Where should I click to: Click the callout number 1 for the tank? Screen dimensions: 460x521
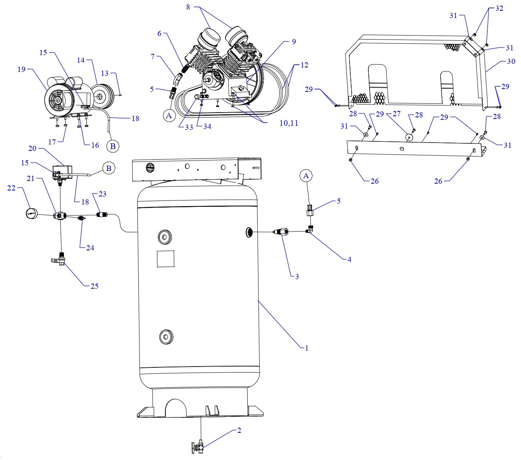(306, 348)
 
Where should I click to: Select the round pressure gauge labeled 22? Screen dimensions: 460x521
(32, 213)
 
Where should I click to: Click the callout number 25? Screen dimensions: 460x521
(94, 286)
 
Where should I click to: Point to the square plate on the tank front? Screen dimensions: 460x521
(165, 259)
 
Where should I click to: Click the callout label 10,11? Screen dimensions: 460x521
(288, 123)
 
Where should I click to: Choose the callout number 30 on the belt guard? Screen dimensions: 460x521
(500, 61)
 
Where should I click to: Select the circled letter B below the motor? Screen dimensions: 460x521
(113, 146)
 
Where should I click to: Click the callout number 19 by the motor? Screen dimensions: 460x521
(21, 69)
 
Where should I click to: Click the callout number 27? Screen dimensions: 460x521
(396, 114)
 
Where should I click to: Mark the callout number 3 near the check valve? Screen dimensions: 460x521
(297, 276)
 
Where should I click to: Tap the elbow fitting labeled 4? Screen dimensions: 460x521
(310, 230)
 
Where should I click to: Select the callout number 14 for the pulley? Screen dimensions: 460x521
(81, 60)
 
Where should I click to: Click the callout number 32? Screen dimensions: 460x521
(499, 8)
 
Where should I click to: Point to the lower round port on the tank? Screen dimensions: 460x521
(165, 337)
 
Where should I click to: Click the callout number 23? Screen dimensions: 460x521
(102, 194)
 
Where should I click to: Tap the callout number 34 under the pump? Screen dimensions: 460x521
(207, 127)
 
